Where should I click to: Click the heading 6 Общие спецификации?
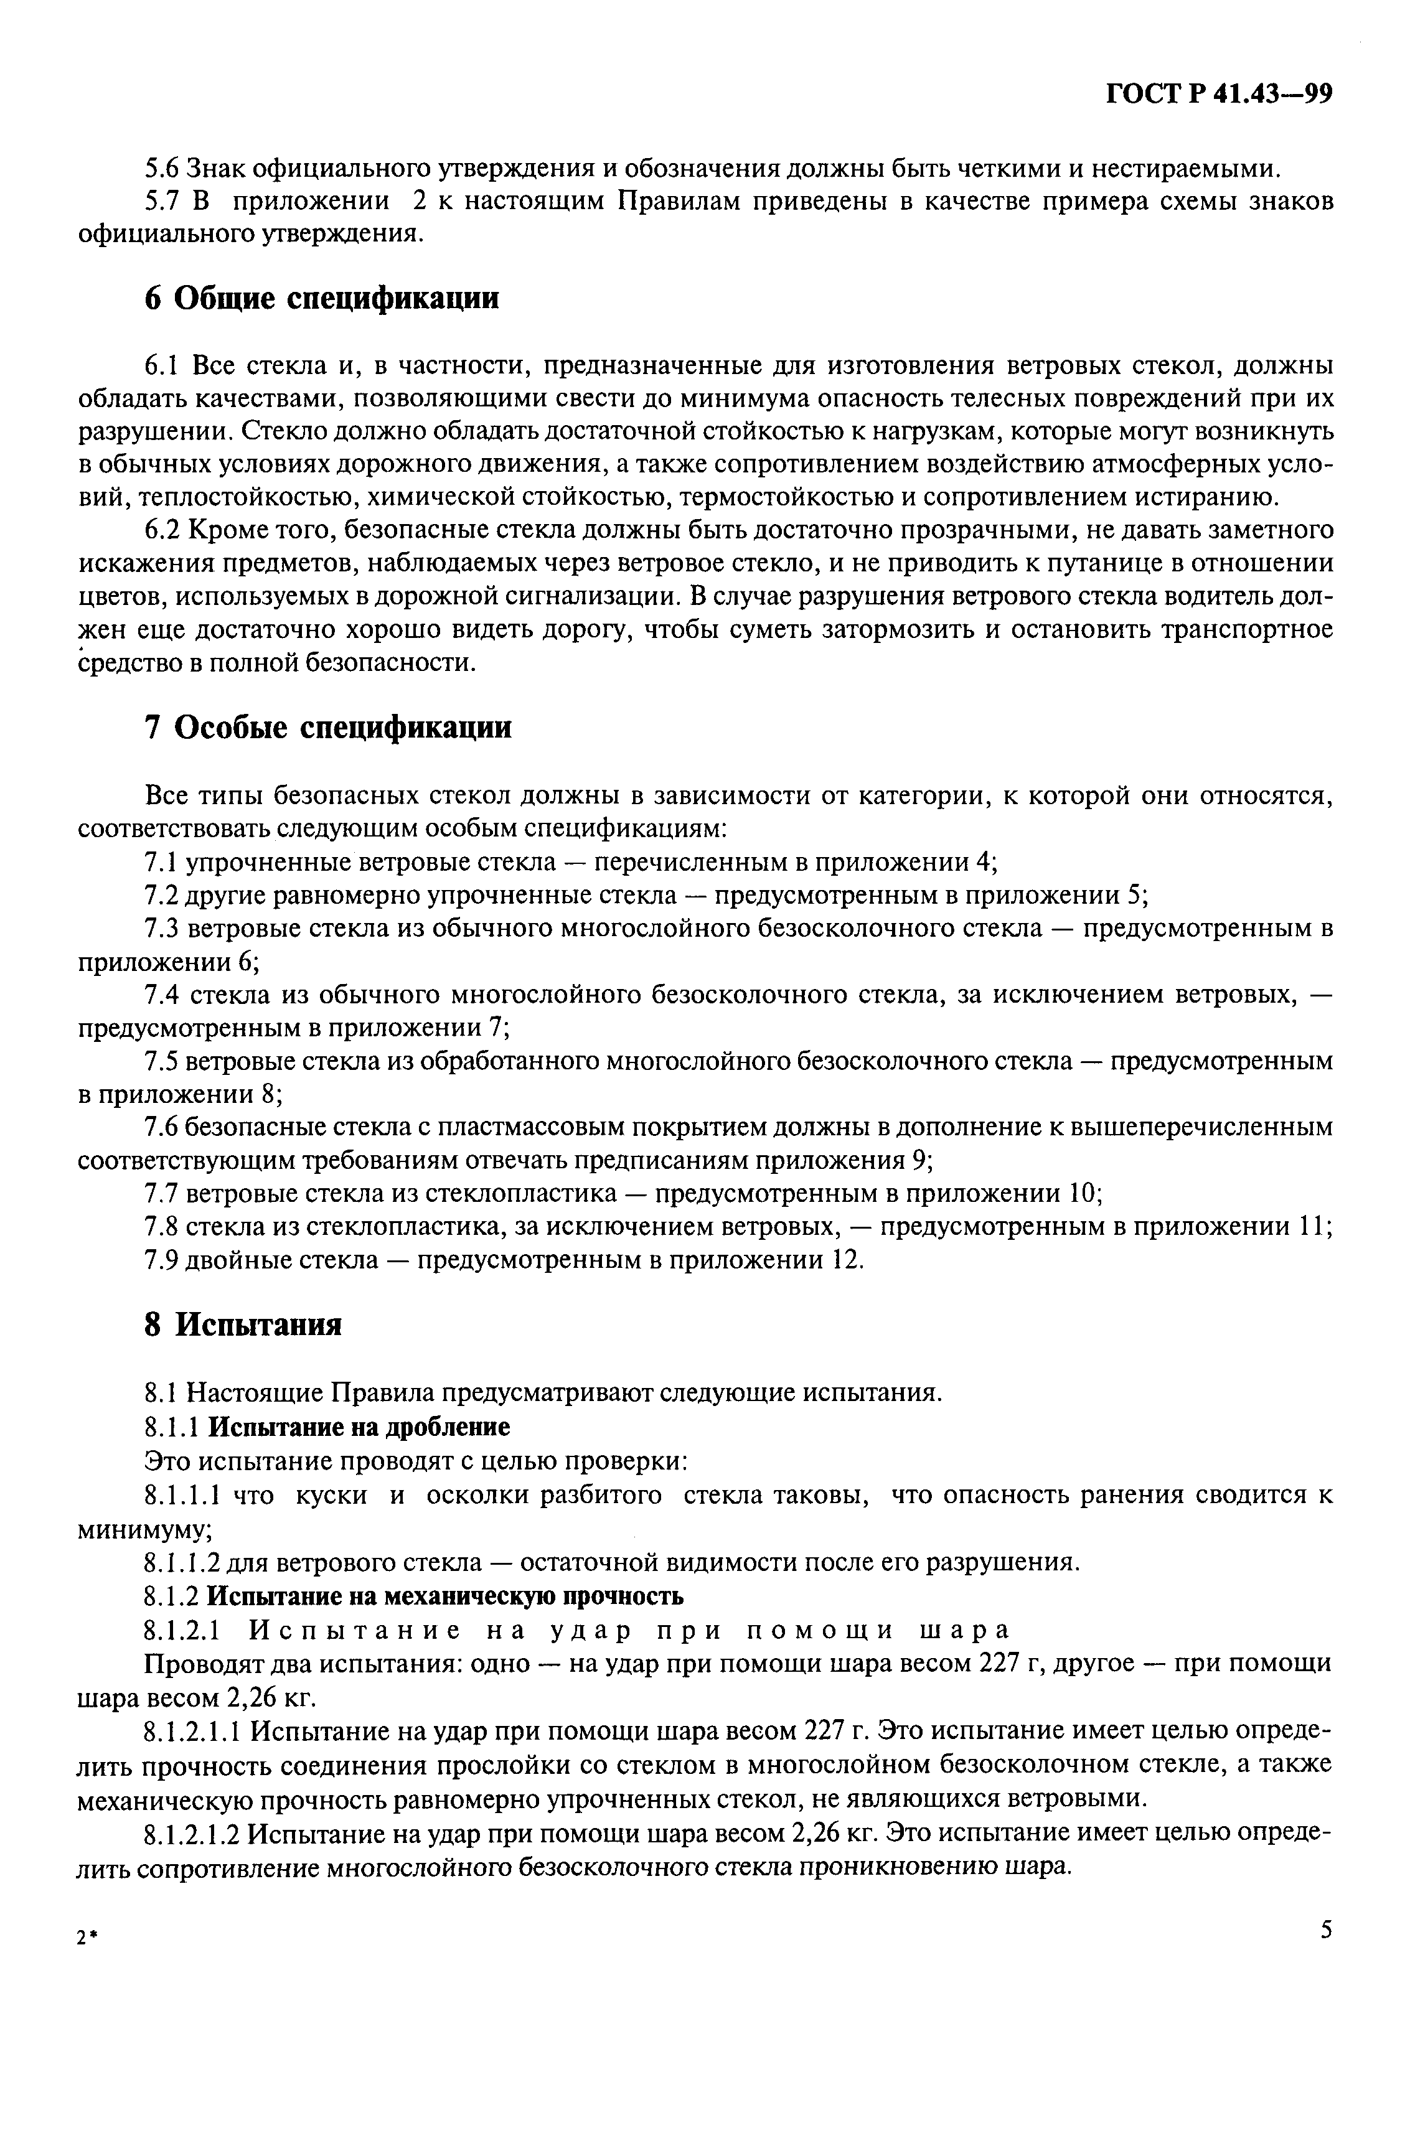[321, 298]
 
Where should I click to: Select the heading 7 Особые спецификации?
[327, 727]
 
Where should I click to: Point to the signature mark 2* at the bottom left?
[87, 1940]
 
